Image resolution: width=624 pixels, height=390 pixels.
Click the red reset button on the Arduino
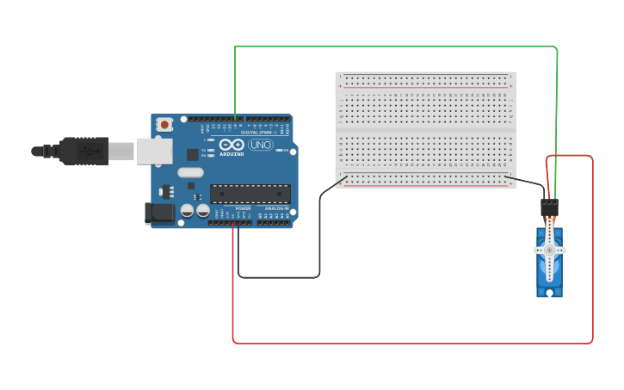(164, 125)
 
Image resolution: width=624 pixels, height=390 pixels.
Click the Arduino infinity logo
(231, 145)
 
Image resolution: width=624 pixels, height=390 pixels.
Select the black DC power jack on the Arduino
(159, 213)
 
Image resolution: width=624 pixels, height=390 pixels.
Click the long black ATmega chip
(250, 194)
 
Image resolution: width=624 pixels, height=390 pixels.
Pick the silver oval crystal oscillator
(191, 172)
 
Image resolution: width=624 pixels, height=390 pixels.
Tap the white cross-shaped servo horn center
(549, 250)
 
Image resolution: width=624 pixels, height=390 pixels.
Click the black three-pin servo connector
(549, 207)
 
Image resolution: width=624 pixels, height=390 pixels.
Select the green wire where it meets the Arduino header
(235, 119)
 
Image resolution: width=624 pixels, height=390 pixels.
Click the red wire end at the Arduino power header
(232, 223)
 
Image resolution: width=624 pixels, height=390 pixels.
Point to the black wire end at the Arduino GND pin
(238, 223)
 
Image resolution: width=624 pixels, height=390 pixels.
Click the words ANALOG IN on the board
(276, 209)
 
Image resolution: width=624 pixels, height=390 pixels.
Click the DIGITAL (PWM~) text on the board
(257, 133)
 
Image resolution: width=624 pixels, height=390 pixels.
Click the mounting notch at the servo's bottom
(549, 294)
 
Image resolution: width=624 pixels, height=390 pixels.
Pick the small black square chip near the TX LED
(193, 154)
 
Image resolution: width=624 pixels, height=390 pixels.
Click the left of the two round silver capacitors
(187, 210)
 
